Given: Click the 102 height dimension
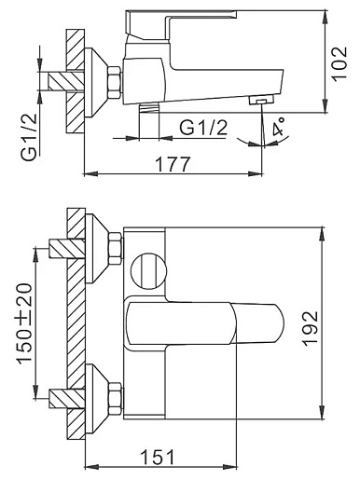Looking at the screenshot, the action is (x=339, y=63).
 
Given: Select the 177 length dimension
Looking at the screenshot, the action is (x=172, y=164).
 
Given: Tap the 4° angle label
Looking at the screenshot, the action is (x=278, y=127).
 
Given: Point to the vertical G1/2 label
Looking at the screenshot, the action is (x=30, y=137).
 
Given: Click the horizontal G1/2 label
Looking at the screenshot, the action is (x=203, y=128).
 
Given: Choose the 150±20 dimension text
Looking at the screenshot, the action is (x=24, y=323).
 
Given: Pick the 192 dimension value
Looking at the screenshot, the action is (x=311, y=328).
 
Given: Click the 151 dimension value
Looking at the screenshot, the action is (x=158, y=457).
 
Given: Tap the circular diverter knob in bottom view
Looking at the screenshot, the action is (x=149, y=271).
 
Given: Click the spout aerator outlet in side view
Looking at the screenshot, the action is (x=261, y=100).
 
